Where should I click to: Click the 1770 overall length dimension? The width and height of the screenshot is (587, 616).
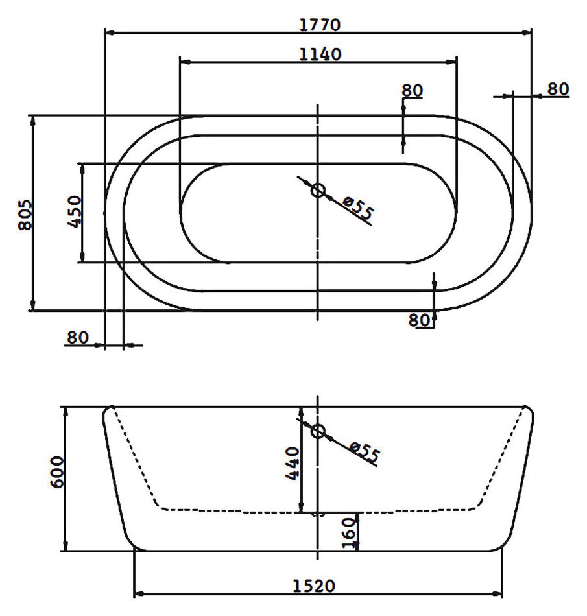click(x=320, y=25)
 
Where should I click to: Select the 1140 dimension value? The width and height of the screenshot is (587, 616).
click(x=320, y=54)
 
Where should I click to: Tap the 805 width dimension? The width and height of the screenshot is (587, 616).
click(x=25, y=215)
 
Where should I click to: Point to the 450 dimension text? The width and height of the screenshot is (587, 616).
click(x=74, y=212)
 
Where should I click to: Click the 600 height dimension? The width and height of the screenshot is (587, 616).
click(x=57, y=472)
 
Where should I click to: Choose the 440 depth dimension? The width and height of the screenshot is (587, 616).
click(x=293, y=463)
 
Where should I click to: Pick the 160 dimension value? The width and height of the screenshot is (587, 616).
click(x=348, y=532)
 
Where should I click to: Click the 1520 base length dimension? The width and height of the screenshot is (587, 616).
click(x=314, y=586)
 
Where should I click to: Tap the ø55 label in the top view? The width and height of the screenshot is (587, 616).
click(x=357, y=208)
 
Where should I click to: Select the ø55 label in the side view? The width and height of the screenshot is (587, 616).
click(x=365, y=452)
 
